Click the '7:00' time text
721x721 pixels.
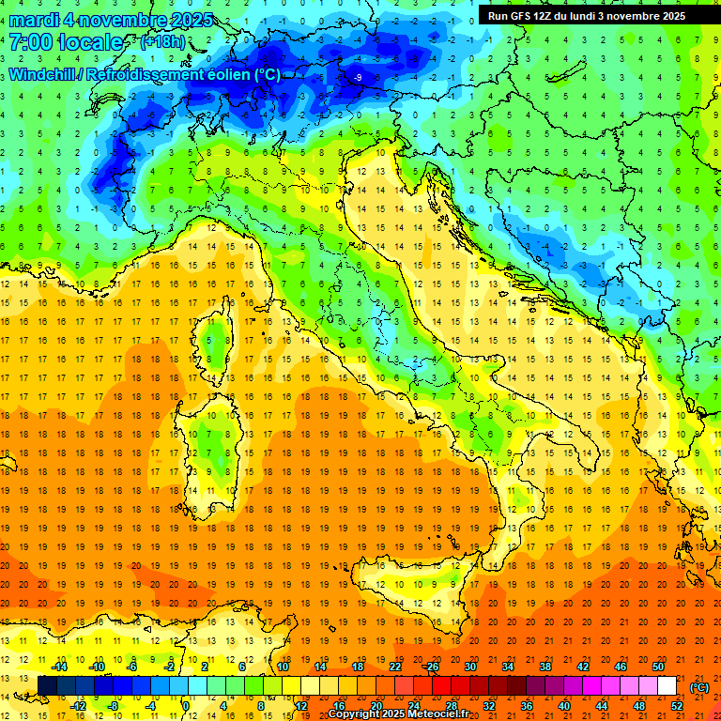click(31, 42)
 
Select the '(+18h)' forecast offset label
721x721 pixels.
click(162, 42)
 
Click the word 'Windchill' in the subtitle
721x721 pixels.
click(42, 74)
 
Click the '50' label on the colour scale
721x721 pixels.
click(657, 667)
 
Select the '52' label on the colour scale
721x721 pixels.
click(677, 705)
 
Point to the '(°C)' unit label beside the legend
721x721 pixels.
click(698, 686)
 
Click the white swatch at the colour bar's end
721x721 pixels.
click(667, 686)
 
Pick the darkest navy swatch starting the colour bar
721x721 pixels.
click(47, 686)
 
